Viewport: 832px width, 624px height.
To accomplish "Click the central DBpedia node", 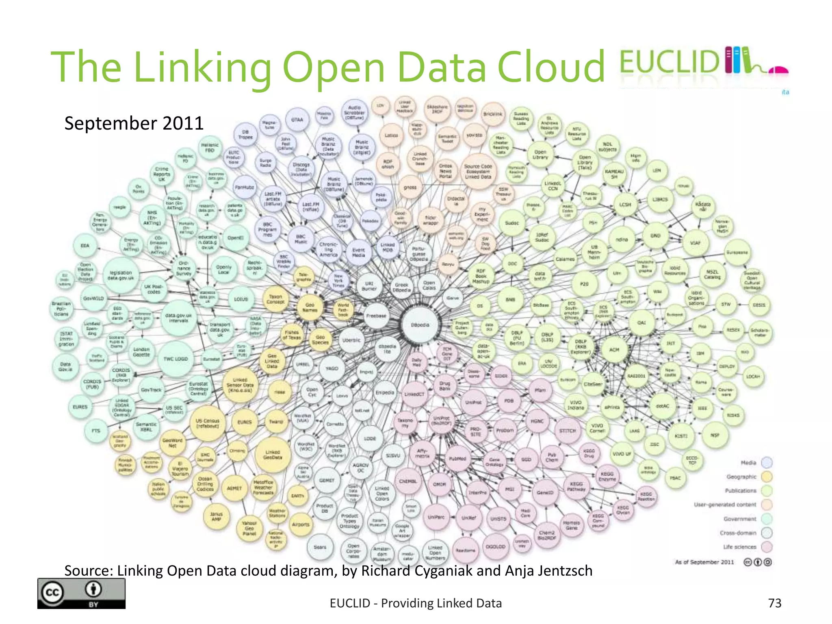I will coord(420,325).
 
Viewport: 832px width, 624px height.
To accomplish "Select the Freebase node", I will coord(376,316).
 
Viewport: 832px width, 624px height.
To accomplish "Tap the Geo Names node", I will coord(310,307).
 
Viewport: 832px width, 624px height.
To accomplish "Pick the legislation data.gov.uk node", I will coord(121,275).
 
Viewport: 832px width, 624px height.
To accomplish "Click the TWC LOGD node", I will coord(175,359).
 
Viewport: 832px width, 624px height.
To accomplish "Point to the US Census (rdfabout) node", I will coord(208,423).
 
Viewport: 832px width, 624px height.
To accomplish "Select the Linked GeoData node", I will coord(273,454).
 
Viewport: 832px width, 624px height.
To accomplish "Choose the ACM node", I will coord(614,349).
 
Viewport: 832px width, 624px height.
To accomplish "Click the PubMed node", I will coord(457,459).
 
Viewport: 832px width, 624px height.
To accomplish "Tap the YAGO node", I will coord(332,368).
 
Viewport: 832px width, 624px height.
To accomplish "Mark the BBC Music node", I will coord(301,239).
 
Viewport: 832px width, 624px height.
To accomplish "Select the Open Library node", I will coord(540,154).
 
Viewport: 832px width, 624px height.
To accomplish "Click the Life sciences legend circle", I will coord(767,547).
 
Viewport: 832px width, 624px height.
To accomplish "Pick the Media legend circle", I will coord(767,463).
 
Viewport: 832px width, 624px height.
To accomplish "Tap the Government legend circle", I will coord(767,519).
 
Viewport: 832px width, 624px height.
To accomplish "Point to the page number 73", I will coord(775,603).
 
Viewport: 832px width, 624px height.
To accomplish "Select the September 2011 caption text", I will coord(134,123).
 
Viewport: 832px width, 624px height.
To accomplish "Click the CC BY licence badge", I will coord(81,593).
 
